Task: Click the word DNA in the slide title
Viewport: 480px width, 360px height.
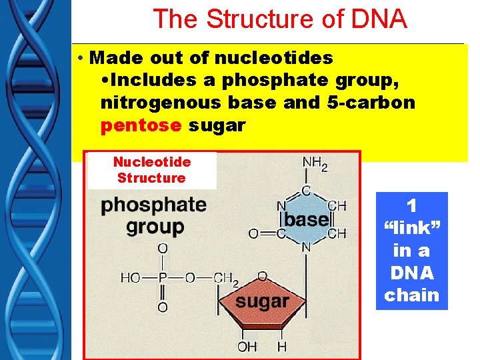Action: pyautogui.click(x=377, y=19)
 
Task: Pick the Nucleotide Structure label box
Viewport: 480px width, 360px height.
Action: pyautogui.click(x=152, y=170)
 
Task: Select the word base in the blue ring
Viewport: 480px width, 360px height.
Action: pyautogui.click(x=307, y=219)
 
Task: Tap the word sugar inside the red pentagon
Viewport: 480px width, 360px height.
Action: pyautogui.click(x=263, y=302)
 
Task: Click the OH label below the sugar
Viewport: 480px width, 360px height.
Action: pyautogui.click(x=247, y=347)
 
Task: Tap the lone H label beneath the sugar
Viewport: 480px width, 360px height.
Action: pyautogui.click(x=281, y=347)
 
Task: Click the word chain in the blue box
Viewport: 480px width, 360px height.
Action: pyautogui.click(x=412, y=295)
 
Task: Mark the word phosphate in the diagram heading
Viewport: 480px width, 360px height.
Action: pyautogui.click(x=154, y=205)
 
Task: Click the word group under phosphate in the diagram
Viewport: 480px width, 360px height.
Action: pyautogui.click(x=155, y=227)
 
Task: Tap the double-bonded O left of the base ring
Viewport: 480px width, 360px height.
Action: pyautogui.click(x=253, y=233)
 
